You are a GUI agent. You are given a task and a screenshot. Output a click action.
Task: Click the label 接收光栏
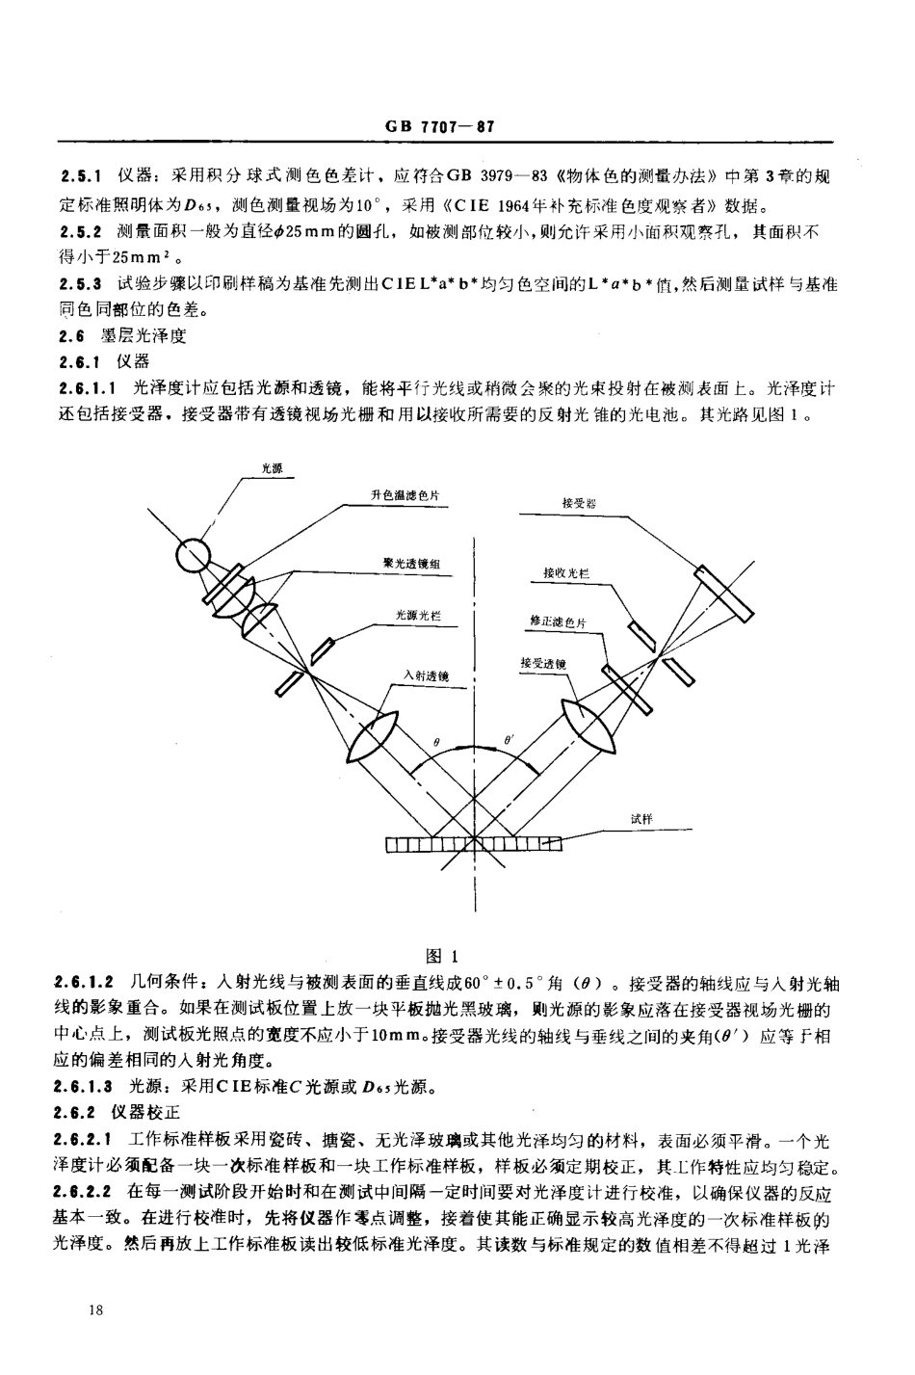click(566, 573)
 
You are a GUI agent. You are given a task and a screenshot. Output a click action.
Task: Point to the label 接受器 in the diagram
click(580, 502)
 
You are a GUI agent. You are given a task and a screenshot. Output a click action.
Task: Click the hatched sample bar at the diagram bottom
click(473, 845)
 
